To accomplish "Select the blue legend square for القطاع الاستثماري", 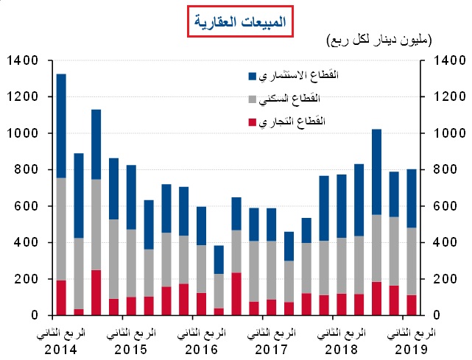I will pos(253,75).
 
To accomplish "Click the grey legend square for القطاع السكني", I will pos(253,98).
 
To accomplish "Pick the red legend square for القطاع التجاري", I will pos(253,121).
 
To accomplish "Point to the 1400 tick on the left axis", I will pos(25,60).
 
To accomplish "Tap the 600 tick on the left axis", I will pos(28,206).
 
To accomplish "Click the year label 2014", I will pos(63,347).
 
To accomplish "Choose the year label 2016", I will pos(202,347).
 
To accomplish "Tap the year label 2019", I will pos(412,347).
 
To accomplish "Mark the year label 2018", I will pos(342,347).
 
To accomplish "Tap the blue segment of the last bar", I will pos(412,198).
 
